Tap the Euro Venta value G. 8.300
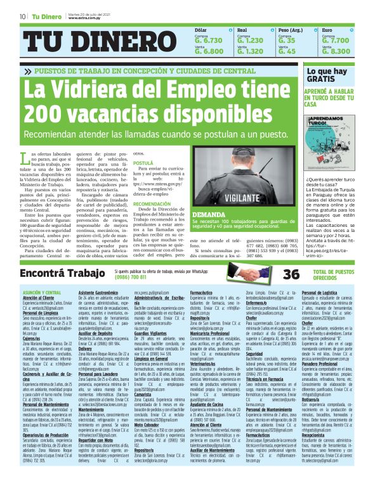click(x=336, y=51)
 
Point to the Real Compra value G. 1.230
click(x=250, y=39)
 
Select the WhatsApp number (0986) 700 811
click(x=131, y=277)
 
